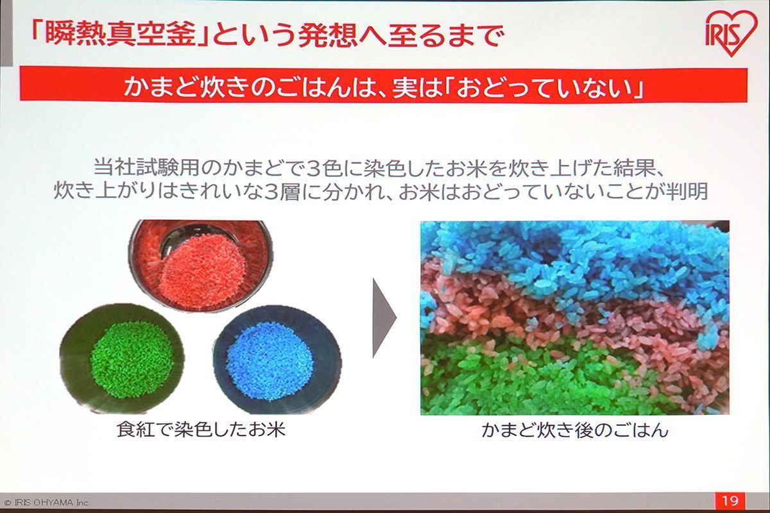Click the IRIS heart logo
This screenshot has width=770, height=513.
[729, 33]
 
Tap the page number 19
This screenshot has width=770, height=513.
[730, 501]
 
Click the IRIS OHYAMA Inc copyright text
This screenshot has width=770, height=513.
[47, 503]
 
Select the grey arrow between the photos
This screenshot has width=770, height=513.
[384, 318]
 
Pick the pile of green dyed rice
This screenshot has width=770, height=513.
[132, 362]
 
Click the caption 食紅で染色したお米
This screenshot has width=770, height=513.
[201, 430]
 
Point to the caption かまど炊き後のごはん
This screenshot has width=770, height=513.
[575, 430]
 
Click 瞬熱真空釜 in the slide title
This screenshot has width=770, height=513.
[120, 36]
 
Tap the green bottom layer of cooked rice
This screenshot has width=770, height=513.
[536, 382]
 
